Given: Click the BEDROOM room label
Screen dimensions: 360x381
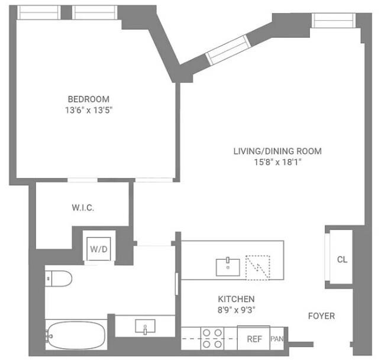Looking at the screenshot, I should [88, 99].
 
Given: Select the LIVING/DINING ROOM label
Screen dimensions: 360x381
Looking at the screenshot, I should [277, 151].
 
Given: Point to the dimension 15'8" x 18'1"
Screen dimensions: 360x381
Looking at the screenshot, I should [277, 161].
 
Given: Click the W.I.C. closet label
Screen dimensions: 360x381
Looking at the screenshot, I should [83, 208].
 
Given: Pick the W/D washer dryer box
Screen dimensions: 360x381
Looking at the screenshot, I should [99, 249].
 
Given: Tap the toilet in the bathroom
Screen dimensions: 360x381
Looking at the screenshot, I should [58, 277].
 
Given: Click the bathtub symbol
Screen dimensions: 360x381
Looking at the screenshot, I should [76, 335].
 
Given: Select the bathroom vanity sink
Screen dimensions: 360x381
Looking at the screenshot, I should [145, 326].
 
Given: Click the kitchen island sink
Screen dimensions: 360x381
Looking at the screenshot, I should [227, 267].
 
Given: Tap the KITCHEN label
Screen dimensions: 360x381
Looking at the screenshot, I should [237, 299].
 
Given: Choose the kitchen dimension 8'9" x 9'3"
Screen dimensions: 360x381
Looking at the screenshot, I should [237, 309].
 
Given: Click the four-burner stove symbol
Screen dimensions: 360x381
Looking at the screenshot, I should [212, 338].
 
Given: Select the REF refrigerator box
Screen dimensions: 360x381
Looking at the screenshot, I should [254, 339].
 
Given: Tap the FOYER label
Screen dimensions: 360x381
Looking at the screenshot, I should [321, 316].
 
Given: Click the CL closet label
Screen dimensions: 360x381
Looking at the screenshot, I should [342, 260].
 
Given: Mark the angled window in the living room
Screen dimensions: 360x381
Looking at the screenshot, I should [228, 49].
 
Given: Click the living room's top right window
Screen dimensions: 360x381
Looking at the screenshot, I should [331, 20].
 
